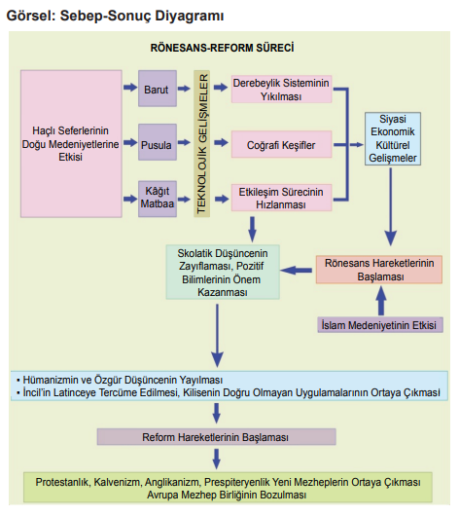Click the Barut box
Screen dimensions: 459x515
(158, 89)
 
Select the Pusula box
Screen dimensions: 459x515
(158, 142)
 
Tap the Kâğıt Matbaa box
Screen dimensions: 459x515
(158, 199)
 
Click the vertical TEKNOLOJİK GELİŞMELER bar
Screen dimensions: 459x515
(201, 143)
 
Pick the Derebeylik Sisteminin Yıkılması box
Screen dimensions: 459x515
(281, 90)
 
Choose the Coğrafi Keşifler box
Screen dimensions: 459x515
(281, 144)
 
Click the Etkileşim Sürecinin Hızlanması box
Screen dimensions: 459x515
(281, 198)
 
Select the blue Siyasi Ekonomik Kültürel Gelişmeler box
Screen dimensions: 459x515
(393, 138)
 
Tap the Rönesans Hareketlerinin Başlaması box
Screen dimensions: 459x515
(379, 270)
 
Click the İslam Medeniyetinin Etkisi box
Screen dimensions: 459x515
(380, 325)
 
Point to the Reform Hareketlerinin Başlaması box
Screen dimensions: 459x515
(217, 437)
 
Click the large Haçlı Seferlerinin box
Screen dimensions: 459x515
(71, 144)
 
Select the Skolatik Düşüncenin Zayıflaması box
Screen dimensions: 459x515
(223, 272)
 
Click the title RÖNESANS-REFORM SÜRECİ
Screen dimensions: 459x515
(222, 48)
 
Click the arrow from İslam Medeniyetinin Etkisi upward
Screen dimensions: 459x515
(381, 301)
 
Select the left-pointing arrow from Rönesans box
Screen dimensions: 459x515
(297, 271)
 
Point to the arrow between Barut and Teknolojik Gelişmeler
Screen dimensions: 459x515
(184, 89)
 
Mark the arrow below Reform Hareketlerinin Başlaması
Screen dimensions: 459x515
(216, 459)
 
